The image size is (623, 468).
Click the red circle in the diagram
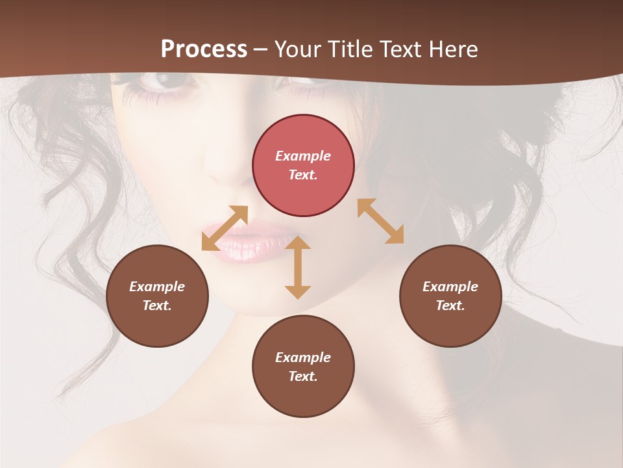coord(303,165)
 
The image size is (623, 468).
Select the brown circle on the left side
coord(157,296)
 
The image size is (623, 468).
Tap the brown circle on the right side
coord(450,296)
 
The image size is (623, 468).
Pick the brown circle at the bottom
coord(303,366)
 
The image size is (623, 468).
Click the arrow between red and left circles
coord(225,227)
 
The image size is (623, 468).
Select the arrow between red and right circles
coord(380,221)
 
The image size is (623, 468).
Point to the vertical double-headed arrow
coord(298,266)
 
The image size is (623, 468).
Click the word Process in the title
coord(204,49)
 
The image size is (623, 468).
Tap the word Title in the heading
coord(350,49)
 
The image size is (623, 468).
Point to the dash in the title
coord(260,49)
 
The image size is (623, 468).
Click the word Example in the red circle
coord(303,156)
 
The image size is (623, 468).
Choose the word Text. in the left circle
coord(157,305)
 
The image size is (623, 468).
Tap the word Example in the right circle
coord(450,287)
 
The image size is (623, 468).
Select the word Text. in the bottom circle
coord(303,376)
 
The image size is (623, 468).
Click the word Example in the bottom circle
coord(303,357)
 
